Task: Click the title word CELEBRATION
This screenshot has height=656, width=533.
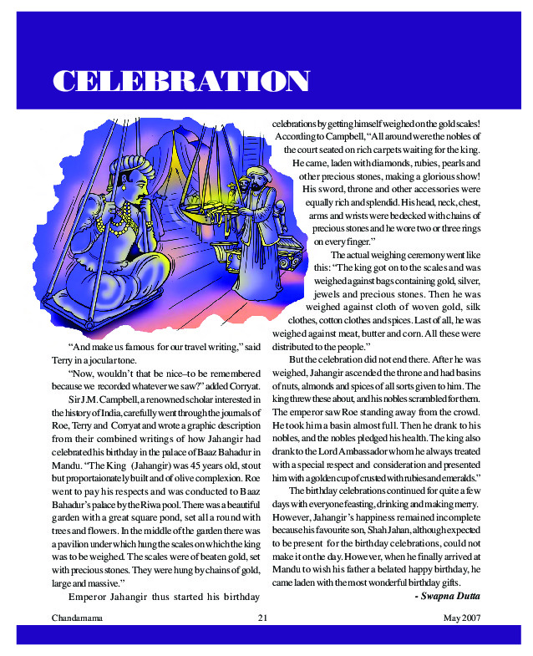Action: point(181,82)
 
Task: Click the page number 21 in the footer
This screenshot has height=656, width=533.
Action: point(262,618)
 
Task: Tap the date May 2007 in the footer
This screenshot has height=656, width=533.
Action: point(463,618)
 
